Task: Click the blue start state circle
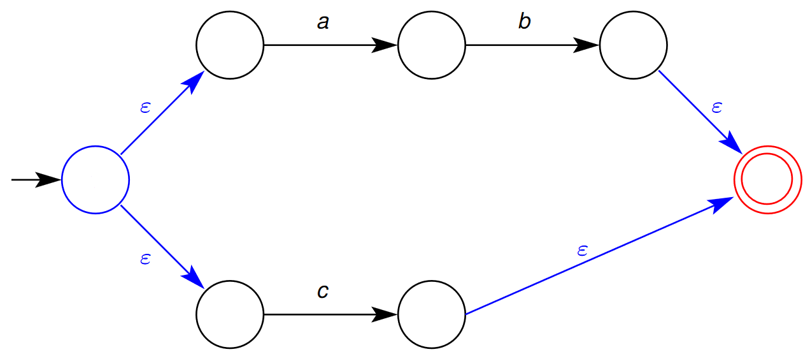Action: click(x=96, y=180)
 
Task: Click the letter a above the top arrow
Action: click(x=323, y=23)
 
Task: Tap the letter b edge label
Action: click(x=524, y=22)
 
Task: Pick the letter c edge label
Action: click(x=323, y=291)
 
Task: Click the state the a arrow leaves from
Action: click(x=230, y=45)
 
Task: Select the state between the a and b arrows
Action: click(x=432, y=45)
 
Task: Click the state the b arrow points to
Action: click(x=633, y=45)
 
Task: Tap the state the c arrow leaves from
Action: click(x=230, y=314)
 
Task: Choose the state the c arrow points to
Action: click(x=432, y=314)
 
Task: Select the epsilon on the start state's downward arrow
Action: click(x=145, y=259)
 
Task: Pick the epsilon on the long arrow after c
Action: click(x=581, y=250)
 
